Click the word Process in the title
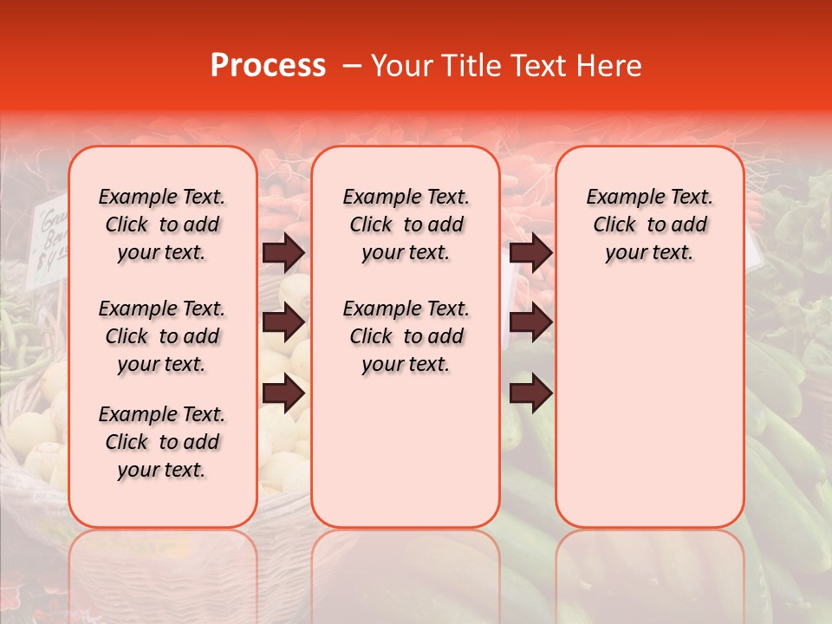tap(268, 66)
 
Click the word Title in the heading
tap(467, 66)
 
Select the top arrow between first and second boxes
tap(283, 252)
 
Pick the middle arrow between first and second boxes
tap(283, 322)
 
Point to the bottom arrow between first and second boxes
tap(283, 393)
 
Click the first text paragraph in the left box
tap(162, 224)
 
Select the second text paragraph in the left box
tap(162, 336)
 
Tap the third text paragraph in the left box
tap(162, 442)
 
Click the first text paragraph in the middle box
tap(406, 224)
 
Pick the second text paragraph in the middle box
tap(406, 336)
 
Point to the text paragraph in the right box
tap(649, 224)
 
